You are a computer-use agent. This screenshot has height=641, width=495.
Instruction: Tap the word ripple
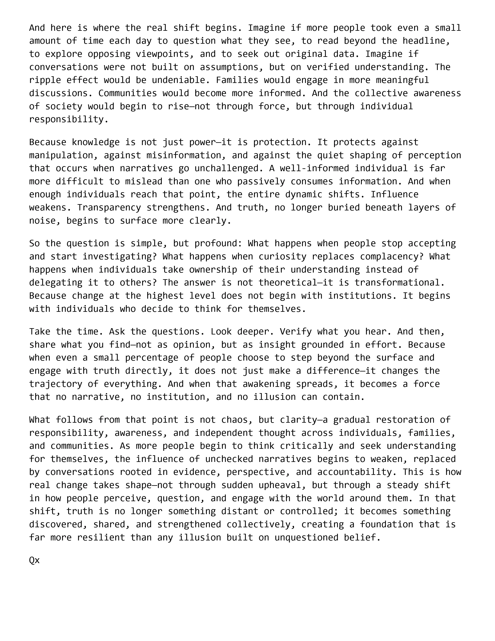[x=45, y=80]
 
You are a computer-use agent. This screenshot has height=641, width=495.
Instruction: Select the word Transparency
[x=109, y=208]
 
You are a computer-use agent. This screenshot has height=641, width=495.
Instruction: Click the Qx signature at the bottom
[x=34, y=560]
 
